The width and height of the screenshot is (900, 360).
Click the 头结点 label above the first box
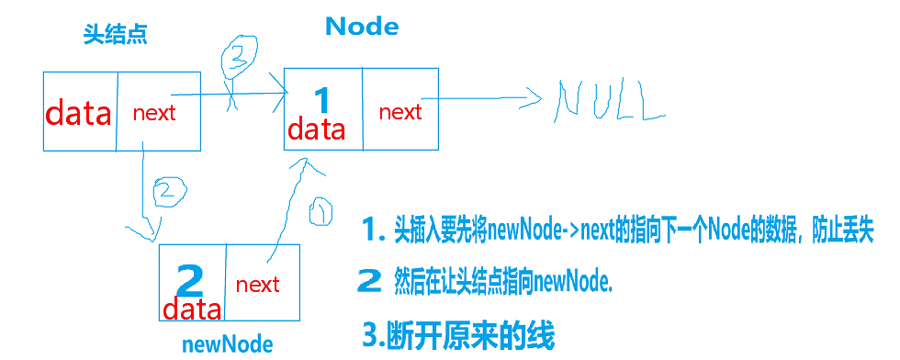[115, 36]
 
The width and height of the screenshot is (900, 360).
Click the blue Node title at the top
[362, 27]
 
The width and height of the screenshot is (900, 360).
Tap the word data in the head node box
[79, 114]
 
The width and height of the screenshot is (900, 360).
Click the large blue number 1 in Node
[321, 99]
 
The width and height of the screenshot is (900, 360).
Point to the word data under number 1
[317, 129]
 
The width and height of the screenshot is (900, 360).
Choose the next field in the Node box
[400, 112]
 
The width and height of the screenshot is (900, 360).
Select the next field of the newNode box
[257, 285]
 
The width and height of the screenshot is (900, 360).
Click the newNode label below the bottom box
[228, 344]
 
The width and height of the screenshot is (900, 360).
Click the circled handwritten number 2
[166, 194]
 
